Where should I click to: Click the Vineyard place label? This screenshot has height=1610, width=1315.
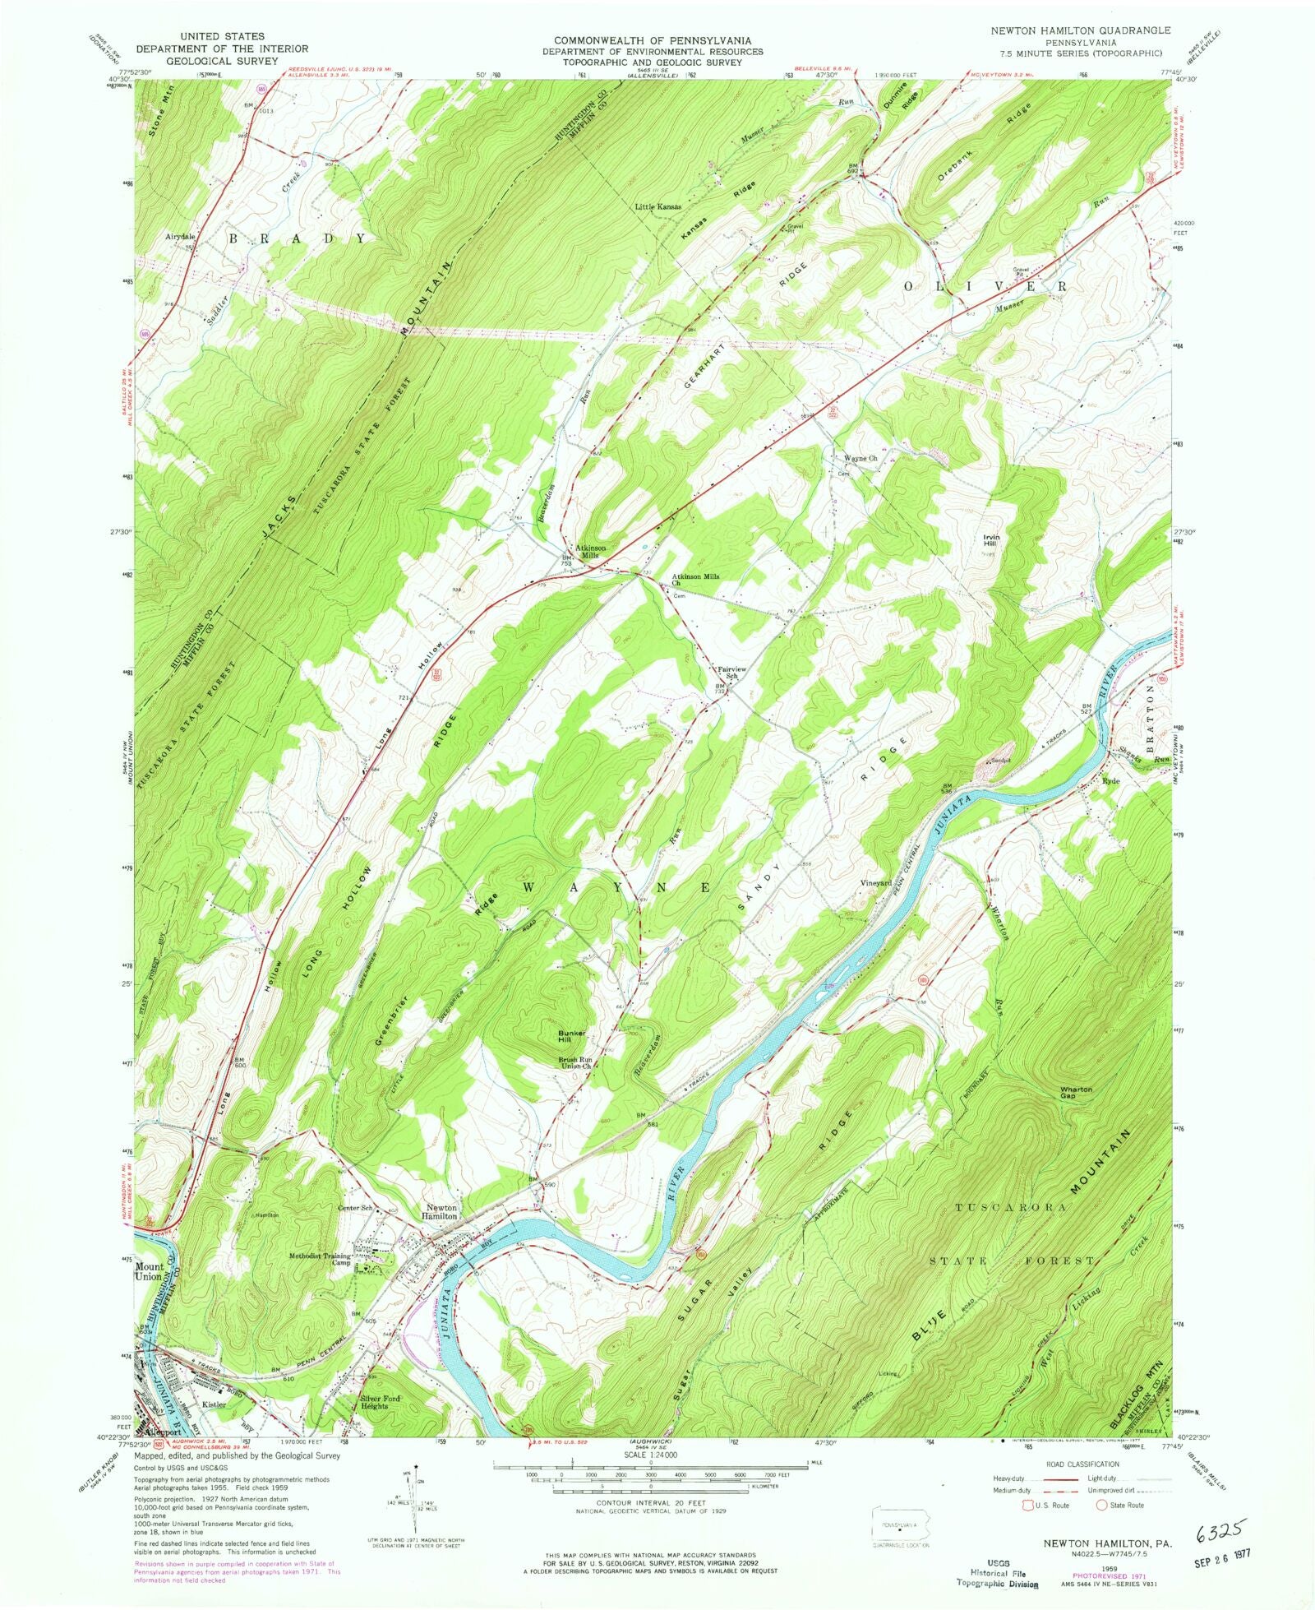pyautogui.click(x=875, y=882)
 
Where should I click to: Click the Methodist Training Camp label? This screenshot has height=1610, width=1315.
pyautogui.click(x=321, y=1260)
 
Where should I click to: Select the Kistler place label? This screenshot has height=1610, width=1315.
pyautogui.click(x=214, y=1404)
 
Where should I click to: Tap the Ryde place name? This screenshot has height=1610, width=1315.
pyautogui.click(x=1111, y=781)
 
